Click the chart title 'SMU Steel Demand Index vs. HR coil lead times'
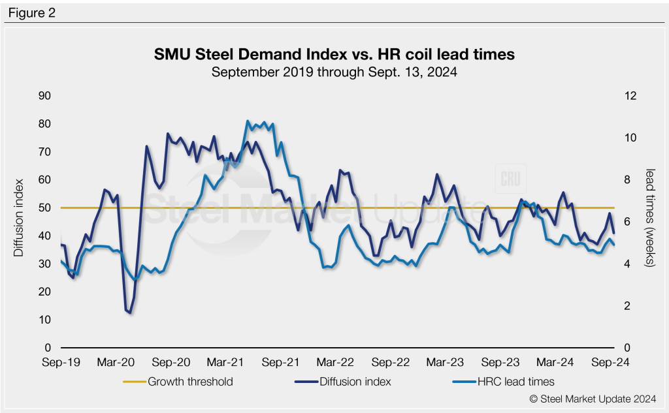334,55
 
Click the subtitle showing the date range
334,72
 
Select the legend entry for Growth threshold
190,382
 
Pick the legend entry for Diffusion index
355,382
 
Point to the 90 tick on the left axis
44,96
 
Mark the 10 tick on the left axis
44,320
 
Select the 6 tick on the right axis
627,222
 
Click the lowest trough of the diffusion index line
129,313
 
